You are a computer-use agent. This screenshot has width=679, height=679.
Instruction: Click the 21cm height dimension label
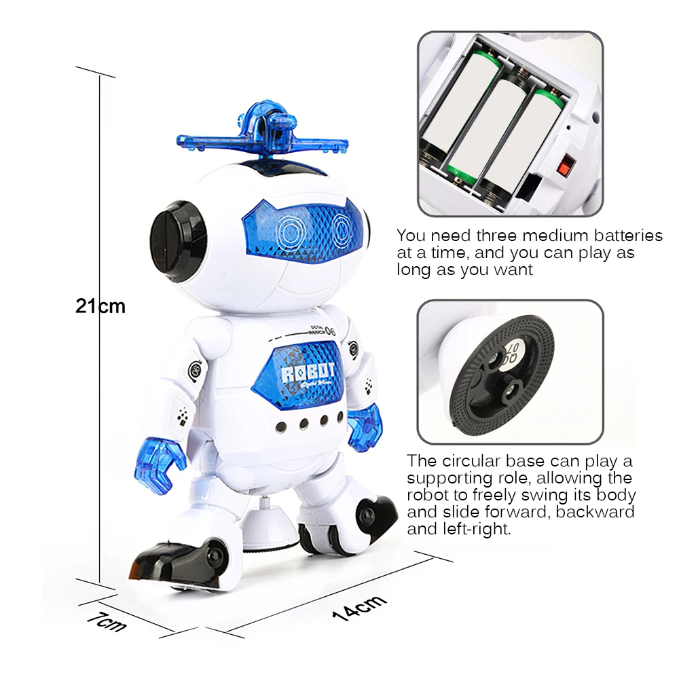(x=100, y=306)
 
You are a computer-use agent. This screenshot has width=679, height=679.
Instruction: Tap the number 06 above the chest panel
(x=331, y=331)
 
